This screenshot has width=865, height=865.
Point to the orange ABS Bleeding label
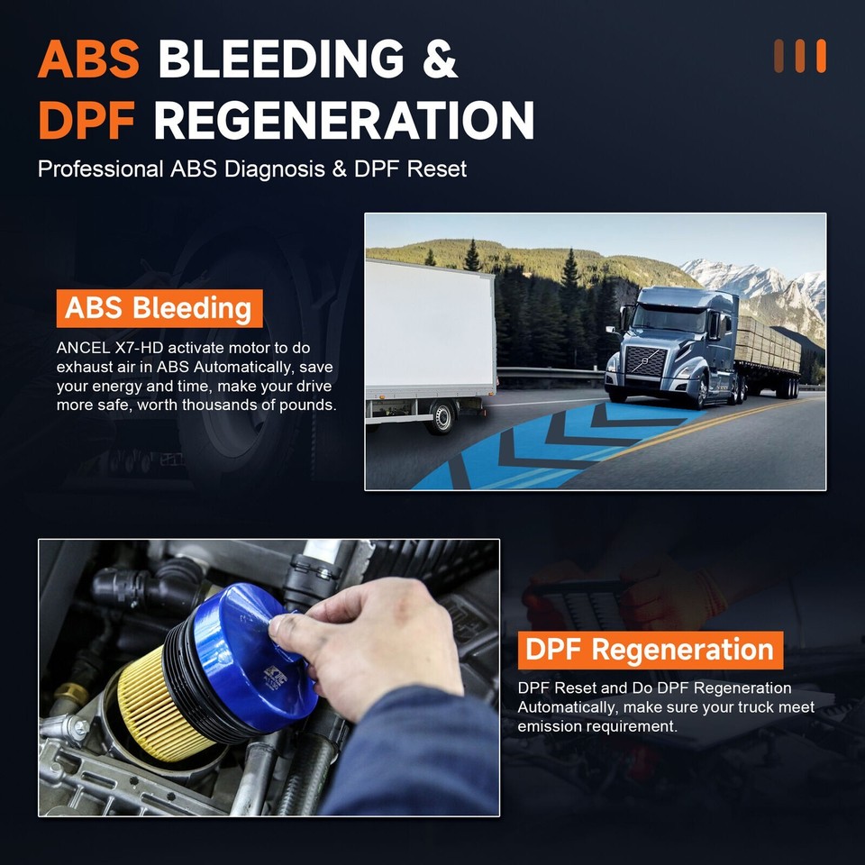pyautogui.click(x=158, y=308)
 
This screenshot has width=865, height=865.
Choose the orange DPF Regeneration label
pyautogui.click(x=649, y=649)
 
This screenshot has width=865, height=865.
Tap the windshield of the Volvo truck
pyautogui.click(x=669, y=319)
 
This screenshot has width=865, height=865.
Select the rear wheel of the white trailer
pyautogui.click(x=442, y=416)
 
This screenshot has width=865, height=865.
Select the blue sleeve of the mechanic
pyautogui.click(x=414, y=757)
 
